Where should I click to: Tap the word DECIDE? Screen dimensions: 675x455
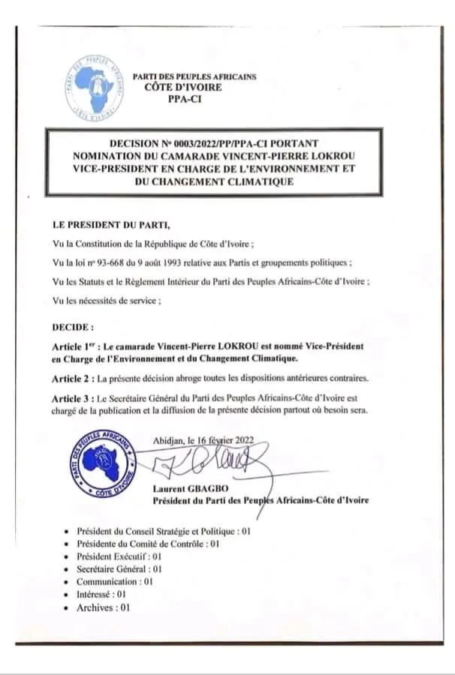click(x=72, y=328)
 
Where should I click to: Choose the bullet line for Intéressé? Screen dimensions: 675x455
click(x=101, y=595)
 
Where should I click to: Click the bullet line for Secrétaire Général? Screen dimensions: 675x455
click(x=119, y=569)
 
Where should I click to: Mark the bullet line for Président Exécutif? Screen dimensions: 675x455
click(x=119, y=556)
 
